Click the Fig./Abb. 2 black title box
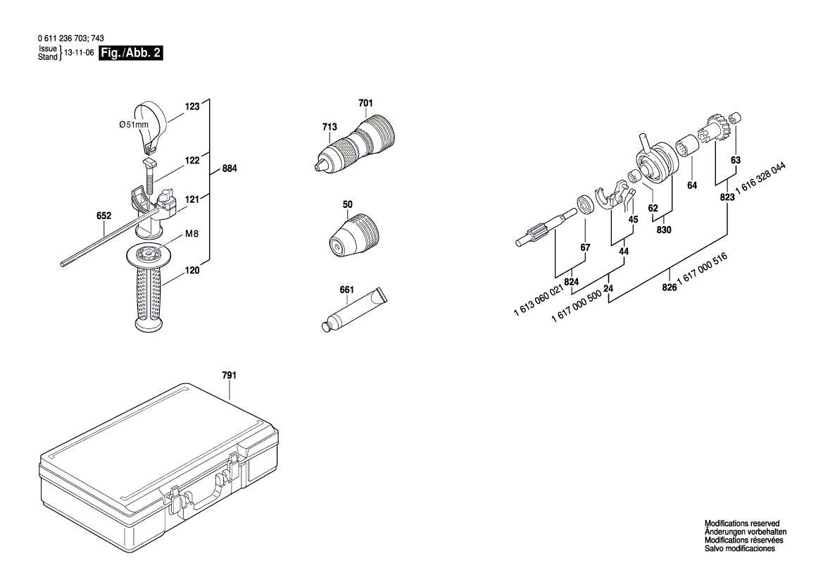pos(131,54)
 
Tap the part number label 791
pos(229,376)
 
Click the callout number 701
pos(365,104)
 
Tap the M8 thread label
pos(192,233)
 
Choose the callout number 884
pos(229,169)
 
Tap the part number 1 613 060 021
pos(539,301)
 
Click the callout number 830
pos(663,230)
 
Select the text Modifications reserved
pos(741,524)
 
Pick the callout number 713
pos(329,127)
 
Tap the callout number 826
pos(669,287)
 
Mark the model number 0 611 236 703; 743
pos(70,39)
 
